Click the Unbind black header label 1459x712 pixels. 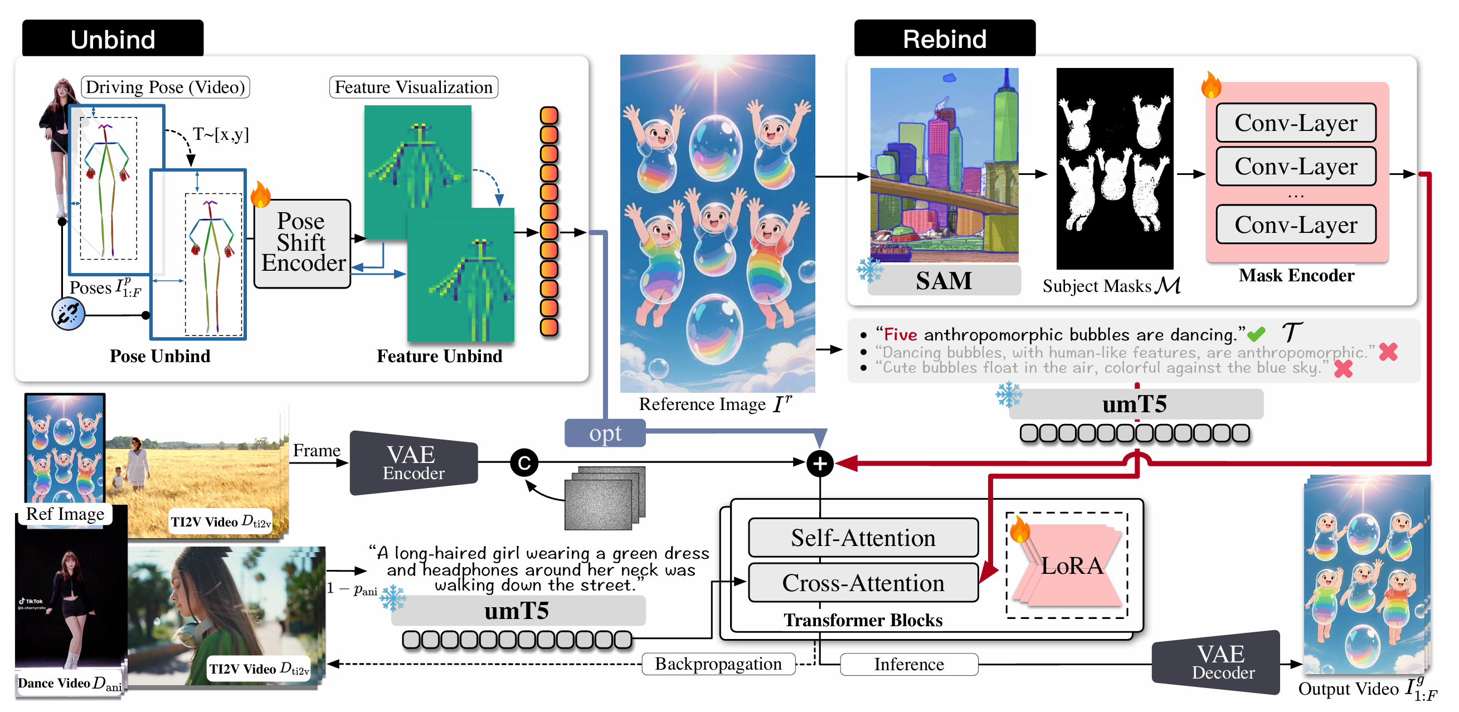[x=113, y=38]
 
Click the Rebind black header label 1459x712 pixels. [x=944, y=38]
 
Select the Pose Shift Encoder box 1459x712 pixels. [x=303, y=243]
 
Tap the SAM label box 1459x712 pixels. [x=944, y=280]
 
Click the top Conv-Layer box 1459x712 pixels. [x=1295, y=123]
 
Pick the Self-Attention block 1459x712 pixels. [x=863, y=538]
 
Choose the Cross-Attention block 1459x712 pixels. [x=863, y=583]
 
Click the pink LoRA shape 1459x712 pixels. [x=1071, y=567]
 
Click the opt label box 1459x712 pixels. [x=605, y=433]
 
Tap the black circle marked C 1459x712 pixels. [x=524, y=463]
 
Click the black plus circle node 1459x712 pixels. [x=820, y=464]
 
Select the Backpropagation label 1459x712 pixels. [x=718, y=664]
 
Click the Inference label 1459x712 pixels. [x=908, y=665]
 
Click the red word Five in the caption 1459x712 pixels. [x=900, y=335]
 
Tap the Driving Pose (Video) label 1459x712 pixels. [x=165, y=87]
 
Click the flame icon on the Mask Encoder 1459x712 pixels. [x=1211, y=86]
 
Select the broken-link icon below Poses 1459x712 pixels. [x=69, y=314]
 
